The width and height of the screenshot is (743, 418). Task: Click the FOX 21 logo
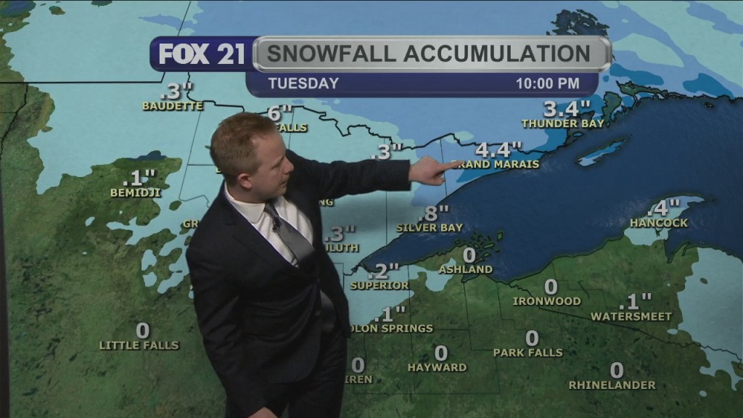pos(202,54)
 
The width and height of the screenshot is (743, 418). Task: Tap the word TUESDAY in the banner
pos(303,83)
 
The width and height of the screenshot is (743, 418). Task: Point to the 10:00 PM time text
pos(547,83)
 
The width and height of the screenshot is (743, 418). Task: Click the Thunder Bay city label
pos(563,123)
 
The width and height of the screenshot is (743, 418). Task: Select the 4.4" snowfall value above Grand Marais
pos(498,149)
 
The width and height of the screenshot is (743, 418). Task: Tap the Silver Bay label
pos(430,227)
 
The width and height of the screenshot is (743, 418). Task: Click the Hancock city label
pos(658,223)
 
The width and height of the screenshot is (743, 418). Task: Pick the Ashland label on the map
pos(465,269)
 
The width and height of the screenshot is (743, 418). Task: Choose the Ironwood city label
pos(546,300)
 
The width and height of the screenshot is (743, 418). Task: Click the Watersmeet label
pos(631,316)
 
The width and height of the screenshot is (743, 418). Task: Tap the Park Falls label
pos(528,353)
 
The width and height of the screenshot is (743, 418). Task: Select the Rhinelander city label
pos(612,385)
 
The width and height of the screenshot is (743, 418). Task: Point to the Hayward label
pos(437,368)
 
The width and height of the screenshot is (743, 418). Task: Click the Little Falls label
pos(139,345)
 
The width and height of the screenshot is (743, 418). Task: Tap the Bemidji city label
pos(136,193)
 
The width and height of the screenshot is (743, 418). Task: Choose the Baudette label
pos(173,106)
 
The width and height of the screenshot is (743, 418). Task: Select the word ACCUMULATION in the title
pos(496,54)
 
